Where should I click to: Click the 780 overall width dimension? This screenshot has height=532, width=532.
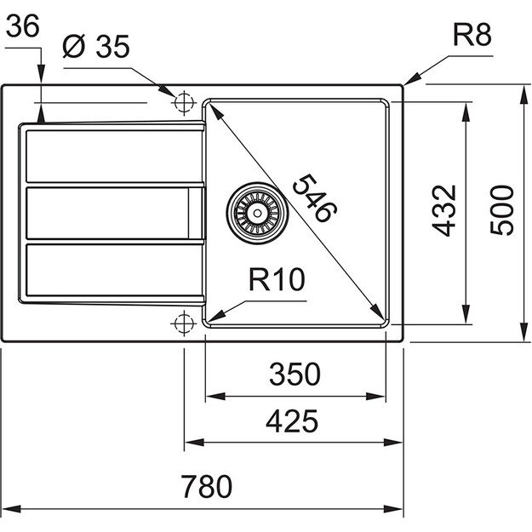(x=205, y=487)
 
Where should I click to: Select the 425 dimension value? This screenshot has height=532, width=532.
(x=293, y=420)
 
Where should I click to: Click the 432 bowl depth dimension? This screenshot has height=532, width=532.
(x=445, y=210)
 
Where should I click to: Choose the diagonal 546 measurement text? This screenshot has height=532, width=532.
(x=311, y=198)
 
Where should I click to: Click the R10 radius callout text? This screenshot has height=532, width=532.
(x=277, y=280)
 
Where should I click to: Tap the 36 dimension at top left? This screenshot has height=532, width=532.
(x=22, y=27)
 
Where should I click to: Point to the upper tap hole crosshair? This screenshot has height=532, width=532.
(x=182, y=101)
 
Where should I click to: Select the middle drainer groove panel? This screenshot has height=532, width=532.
(x=112, y=213)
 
